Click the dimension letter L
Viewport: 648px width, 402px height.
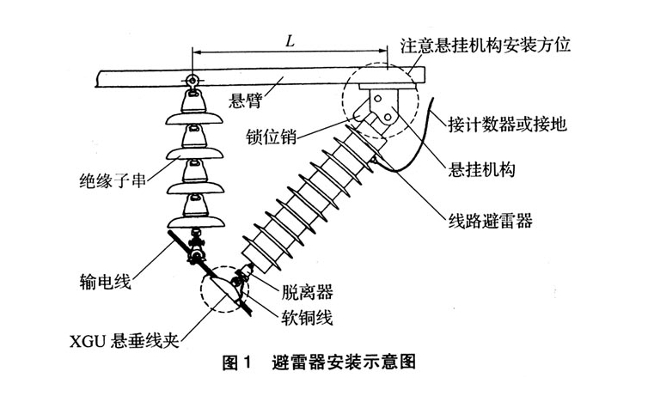tap(290, 40)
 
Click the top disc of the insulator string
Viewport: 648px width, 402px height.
tap(191, 108)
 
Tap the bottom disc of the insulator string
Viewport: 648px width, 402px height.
tap(190, 209)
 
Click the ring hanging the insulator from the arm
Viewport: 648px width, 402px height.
tap(190, 83)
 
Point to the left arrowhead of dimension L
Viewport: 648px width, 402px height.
tap(195, 53)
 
